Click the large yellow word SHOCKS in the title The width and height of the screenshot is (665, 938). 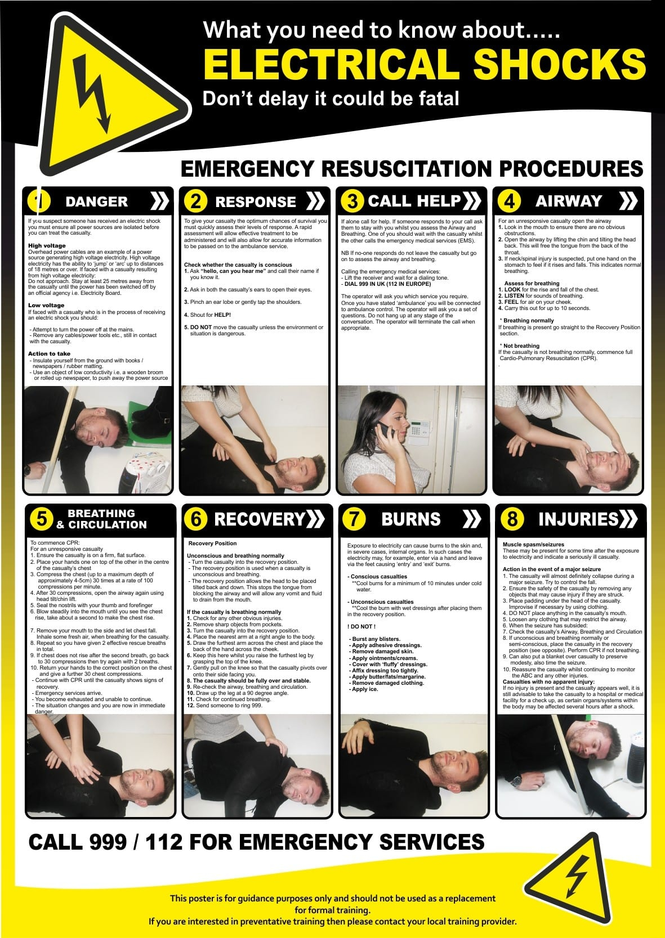coord(559,64)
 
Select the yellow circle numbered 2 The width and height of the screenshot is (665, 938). coord(196,201)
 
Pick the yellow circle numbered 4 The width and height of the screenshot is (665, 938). coord(509,201)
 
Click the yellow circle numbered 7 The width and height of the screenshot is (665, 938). coord(354,519)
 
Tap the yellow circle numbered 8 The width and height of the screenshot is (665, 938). coord(512,519)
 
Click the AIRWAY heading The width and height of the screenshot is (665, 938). coord(569,201)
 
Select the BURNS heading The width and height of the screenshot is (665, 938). coord(410,519)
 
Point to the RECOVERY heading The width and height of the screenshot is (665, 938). coord(260,519)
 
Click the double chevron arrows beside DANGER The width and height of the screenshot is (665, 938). coord(160,201)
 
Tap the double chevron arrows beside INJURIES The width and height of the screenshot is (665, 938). coord(628,519)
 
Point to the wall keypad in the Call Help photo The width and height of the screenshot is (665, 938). coord(419,433)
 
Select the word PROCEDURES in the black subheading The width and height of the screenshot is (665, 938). coord(571,169)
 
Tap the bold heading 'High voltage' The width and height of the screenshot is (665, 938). coord(47,245)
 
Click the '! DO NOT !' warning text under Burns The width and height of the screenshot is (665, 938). coord(361,626)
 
